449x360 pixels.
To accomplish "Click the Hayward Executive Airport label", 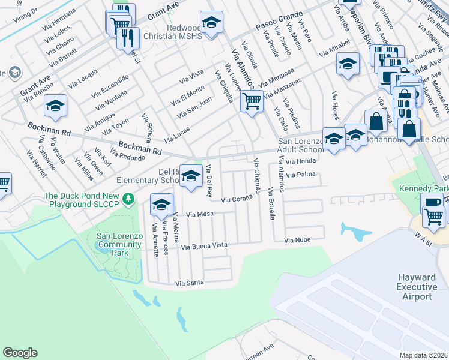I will click(x=417, y=287).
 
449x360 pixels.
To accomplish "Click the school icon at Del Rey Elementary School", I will click(x=191, y=175).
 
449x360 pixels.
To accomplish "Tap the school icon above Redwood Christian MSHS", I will click(x=211, y=22).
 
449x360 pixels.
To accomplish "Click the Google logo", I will click(x=20, y=353).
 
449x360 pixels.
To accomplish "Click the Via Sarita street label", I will click(x=190, y=283).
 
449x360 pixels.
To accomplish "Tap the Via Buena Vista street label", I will click(x=205, y=246).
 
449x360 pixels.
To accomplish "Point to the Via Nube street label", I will click(x=297, y=240).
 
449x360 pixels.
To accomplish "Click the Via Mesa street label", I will click(x=200, y=214).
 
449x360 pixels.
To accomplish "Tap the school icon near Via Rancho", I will click(x=55, y=106).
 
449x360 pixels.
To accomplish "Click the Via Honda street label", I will click(x=301, y=161).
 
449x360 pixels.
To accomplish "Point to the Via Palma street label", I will click(x=301, y=175).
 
